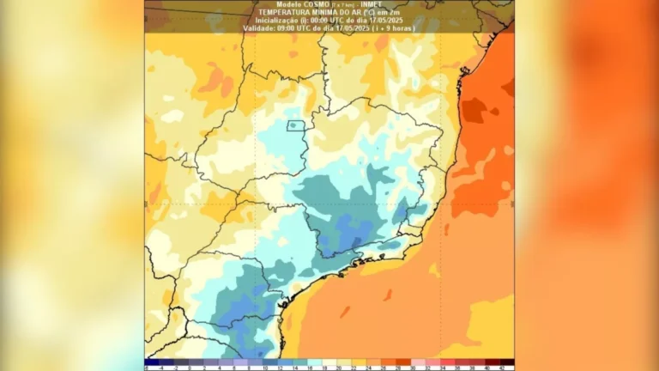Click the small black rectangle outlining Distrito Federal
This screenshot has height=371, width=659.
coord(295,125)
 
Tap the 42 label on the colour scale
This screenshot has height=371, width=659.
coord(500,368)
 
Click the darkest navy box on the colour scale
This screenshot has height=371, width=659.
coord(151,362)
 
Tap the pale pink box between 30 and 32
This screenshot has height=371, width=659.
coord(421,362)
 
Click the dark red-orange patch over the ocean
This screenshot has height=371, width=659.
coord(474,110)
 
